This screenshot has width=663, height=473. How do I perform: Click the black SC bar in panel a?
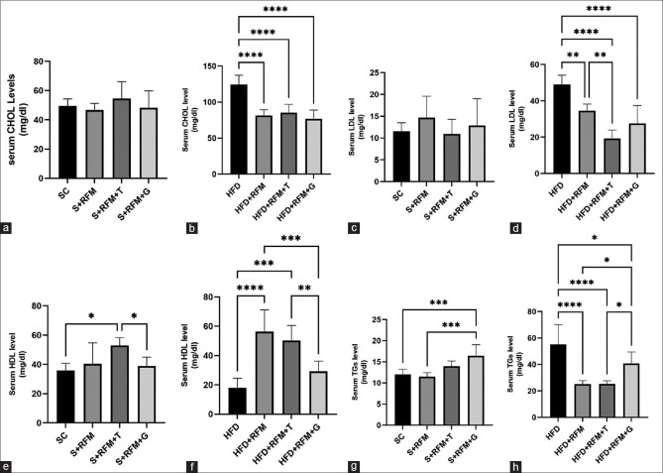tap(67, 142)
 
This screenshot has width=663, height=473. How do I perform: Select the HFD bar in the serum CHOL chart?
tap(239, 129)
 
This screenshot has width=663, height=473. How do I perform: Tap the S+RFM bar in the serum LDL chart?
tap(426, 150)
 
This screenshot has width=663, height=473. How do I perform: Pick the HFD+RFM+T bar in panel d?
tap(611, 156)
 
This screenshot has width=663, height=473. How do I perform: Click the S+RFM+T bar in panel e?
tap(121, 384)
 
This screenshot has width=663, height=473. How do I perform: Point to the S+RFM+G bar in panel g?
tap(476, 390)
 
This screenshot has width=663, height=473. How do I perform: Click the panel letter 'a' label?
tap(6, 229)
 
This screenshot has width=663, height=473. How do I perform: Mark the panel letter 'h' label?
tap(515, 467)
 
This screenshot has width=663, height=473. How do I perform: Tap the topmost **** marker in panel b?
tap(276, 9)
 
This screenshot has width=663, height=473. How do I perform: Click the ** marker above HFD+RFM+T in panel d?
tap(600, 55)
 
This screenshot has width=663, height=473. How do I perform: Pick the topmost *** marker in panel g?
tap(438, 302)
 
